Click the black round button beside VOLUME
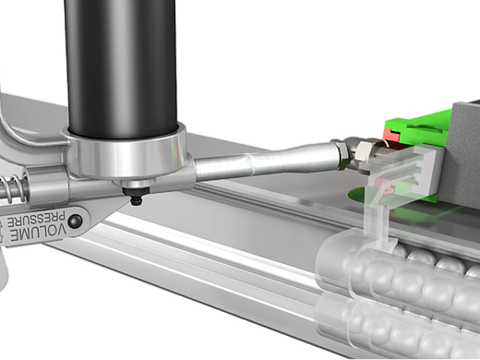[75, 221]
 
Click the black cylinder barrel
[121, 66]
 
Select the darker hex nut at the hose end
[342, 154]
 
